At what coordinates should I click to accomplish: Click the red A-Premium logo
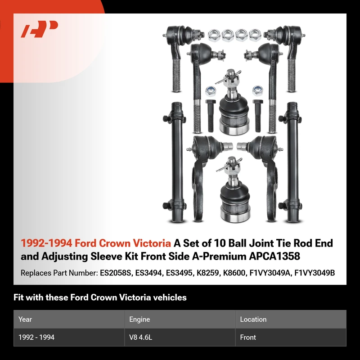click(40, 29)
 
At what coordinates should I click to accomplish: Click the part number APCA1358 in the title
click(274, 256)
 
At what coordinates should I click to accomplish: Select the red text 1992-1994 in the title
click(46, 243)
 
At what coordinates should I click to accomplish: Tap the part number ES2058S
click(116, 273)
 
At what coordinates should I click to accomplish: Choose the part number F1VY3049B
click(315, 273)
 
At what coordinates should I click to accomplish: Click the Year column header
click(25, 319)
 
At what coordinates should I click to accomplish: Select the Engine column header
click(139, 319)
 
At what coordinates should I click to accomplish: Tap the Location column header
click(253, 319)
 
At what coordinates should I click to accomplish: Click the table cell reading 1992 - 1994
click(36, 337)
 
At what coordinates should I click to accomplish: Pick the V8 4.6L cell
click(140, 337)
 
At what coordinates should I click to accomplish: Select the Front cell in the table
click(248, 337)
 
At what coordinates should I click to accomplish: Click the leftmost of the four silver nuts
click(214, 35)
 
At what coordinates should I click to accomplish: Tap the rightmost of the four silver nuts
click(255, 35)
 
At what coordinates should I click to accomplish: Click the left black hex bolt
click(211, 116)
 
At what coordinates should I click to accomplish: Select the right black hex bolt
click(258, 116)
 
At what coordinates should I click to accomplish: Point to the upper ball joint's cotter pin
click(228, 77)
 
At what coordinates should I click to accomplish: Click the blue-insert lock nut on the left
click(211, 91)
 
